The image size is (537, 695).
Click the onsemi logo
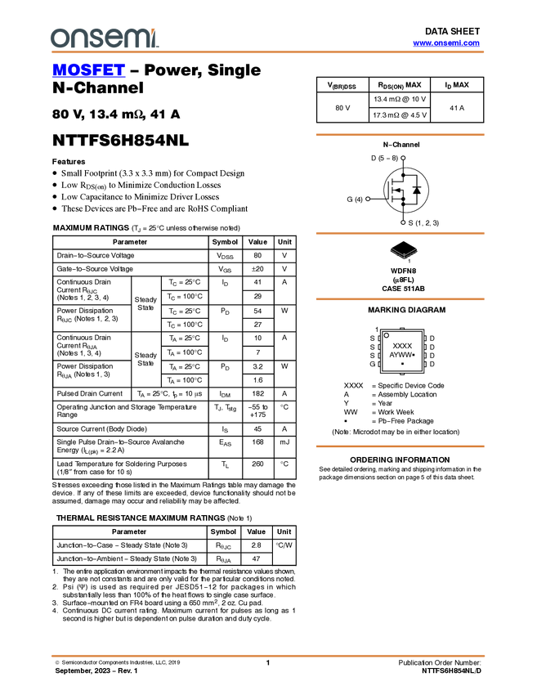[x=103, y=37]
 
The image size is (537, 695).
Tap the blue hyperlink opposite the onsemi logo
[x=446, y=43]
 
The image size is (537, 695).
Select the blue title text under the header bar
[x=88, y=71]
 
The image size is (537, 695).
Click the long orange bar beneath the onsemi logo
[x=268, y=52]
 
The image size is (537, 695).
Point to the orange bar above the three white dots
[x=400, y=135]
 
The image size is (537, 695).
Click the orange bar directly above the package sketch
[x=400, y=234]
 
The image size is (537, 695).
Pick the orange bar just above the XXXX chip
[x=400, y=299]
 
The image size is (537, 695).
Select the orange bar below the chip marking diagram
[x=400, y=446]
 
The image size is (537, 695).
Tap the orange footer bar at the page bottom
[x=268, y=656]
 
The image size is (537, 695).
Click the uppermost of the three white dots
[x=403, y=158]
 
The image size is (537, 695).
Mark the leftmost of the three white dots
[x=368, y=199]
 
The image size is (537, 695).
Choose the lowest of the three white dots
[x=403, y=222]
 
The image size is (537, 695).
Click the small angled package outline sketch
[x=403, y=253]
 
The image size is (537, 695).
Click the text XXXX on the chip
[x=402, y=346]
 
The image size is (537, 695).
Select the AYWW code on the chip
[x=401, y=355]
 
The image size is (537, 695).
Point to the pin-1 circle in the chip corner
[x=386, y=335]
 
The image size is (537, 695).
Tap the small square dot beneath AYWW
[x=402, y=364]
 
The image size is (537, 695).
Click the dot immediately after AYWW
[x=414, y=355]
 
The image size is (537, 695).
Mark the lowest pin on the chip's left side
[x=379, y=365]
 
